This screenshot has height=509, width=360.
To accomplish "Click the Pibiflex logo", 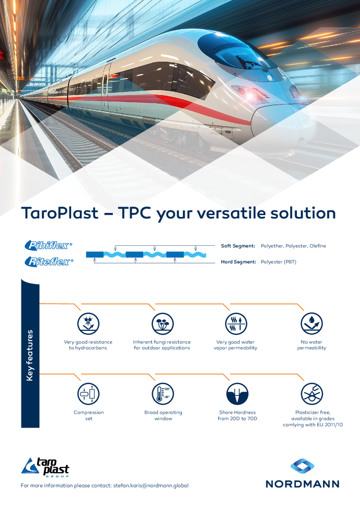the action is (x=49, y=245).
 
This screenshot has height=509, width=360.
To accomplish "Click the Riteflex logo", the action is (x=49, y=261).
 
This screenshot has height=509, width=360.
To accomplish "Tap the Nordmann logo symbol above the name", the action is (x=302, y=466).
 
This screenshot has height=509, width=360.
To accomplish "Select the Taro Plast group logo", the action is (x=45, y=467).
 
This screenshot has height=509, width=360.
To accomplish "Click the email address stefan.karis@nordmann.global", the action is (x=150, y=486).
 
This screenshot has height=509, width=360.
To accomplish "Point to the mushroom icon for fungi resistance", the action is (x=163, y=323).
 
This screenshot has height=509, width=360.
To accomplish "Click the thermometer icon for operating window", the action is (x=163, y=394).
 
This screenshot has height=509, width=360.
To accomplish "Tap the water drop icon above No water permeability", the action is (x=311, y=323).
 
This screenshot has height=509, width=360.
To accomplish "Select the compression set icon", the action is (x=89, y=394).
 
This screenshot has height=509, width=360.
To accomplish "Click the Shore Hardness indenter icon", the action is (x=237, y=394).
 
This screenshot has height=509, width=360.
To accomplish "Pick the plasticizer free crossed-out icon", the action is (x=311, y=394).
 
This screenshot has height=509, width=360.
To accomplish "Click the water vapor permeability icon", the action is (x=236, y=323).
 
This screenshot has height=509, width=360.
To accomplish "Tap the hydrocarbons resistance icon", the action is (x=88, y=323).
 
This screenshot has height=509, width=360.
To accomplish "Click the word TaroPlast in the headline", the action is (x=60, y=213).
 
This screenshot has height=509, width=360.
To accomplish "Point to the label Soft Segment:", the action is (x=238, y=246).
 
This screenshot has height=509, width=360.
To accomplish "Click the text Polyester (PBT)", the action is (x=278, y=261).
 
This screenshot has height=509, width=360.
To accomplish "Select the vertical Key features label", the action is (x=30, y=356).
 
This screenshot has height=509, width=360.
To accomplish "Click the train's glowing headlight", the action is (x=251, y=94).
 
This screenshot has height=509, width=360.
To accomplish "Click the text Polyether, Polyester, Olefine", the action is (x=293, y=246).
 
